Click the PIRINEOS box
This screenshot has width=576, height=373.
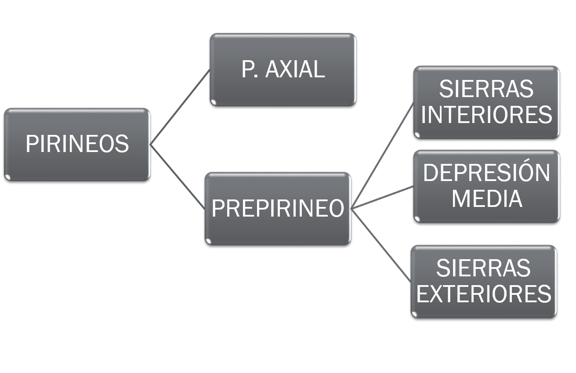point(77,144)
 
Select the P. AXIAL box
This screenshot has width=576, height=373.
point(283,69)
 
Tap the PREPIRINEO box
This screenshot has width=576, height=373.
point(278,208)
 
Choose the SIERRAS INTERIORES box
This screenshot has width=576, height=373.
point(486,102)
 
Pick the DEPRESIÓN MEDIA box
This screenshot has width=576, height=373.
point(486,186)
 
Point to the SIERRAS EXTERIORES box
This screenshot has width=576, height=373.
point(483,281)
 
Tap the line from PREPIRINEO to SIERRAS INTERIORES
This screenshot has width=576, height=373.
point(382,156)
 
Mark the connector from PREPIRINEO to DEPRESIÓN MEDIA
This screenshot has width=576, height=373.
point(382,197)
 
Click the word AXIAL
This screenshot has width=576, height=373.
point(295,69)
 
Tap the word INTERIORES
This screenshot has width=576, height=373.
point(486,115)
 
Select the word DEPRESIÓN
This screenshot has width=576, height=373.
point(486,173)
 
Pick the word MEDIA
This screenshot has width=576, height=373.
point(486,198)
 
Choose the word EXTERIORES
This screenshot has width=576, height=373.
point(483,294)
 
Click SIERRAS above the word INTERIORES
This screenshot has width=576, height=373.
point(486,89)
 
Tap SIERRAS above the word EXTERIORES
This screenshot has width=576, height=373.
point(483,268)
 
